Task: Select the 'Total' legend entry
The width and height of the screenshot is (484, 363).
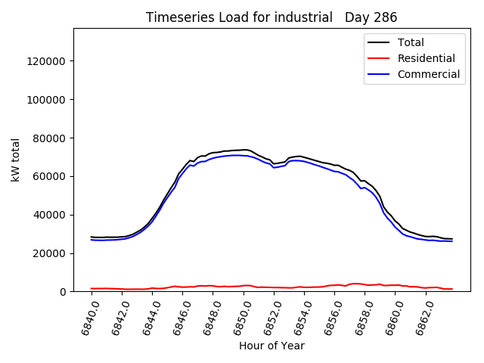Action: click(x=411, y=42)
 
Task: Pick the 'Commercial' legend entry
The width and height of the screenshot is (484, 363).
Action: click(x=429, y=74)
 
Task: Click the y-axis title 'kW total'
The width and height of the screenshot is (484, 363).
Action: click(x=16, y=160)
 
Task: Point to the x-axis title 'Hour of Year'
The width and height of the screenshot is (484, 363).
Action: click(x=271, y=346)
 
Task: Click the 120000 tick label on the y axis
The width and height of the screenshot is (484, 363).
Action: click(x=48, y=61)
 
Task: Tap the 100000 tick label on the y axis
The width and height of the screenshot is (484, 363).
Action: click(x=48, y=100)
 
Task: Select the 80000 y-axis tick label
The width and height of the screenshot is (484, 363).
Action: click(x=51, y=138)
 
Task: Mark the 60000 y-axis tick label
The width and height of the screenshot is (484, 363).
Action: click(x=51, y=177)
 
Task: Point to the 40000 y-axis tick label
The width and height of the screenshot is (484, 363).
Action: click(x=51, y=215)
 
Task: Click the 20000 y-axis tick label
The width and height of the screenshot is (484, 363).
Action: click(x=51, y=253)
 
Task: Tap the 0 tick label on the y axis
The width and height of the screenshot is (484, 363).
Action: click(x=64, y=292)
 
